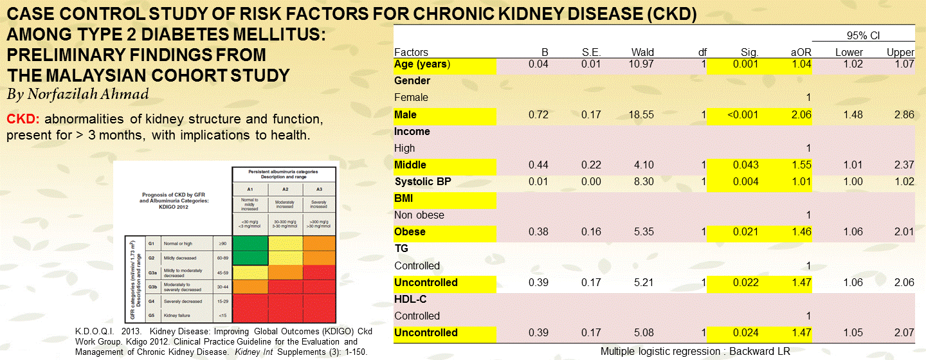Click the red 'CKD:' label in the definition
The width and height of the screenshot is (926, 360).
pyautogui.click(x=24, y=120)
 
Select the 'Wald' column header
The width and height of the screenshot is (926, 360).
pyautogui.click(x=624, y=53)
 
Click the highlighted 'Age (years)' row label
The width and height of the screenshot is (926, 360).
pyautogui.click(x=422, y=64)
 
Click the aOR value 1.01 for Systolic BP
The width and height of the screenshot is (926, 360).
pyautogui.click(x=801, y=182)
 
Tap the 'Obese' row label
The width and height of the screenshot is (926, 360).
pyautogui.click(x=410, y=232)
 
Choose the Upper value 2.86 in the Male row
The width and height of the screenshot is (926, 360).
pyautogui.click(x=903, y=114)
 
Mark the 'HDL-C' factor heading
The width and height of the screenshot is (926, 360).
pyautogui.click(x=410, y=300)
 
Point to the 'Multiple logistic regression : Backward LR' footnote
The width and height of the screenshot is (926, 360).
pyautogui.click(x=694, y=352)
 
